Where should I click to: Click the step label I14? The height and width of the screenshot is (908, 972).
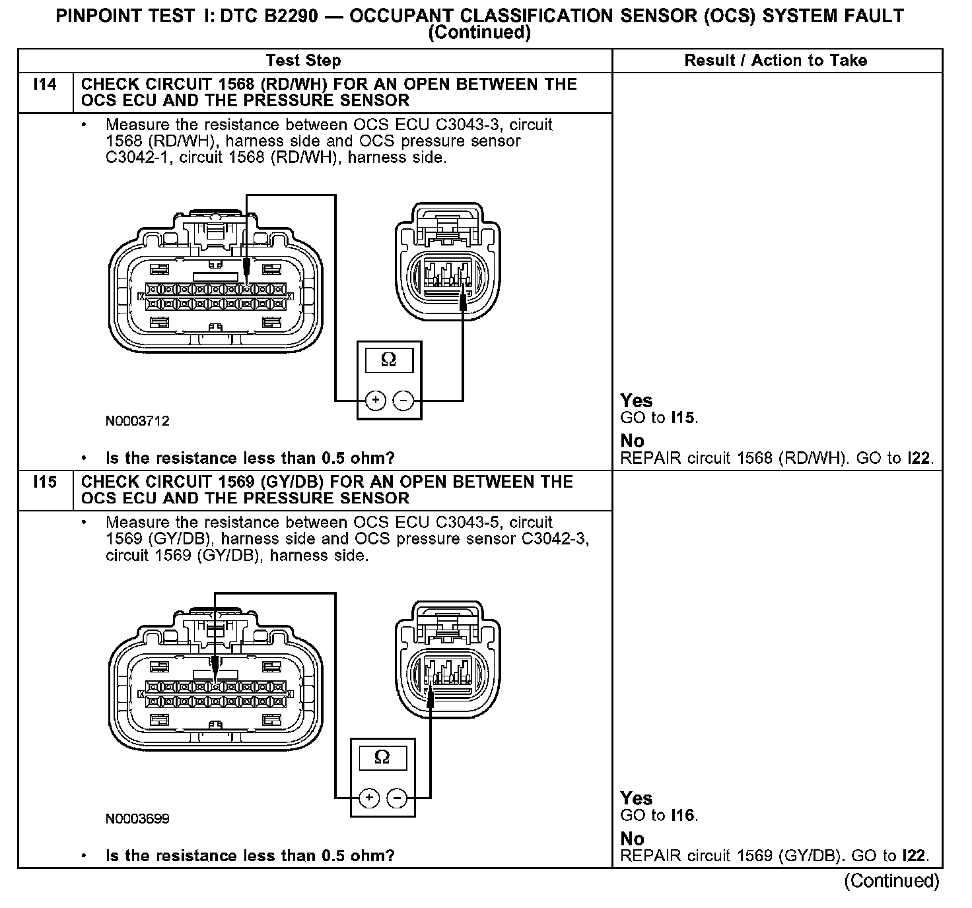tap(45, 84)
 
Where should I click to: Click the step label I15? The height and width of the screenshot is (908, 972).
tap(45, 482)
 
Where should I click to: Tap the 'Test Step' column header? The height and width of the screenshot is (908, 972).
tap(303, 61)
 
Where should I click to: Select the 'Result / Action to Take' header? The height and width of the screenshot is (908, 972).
tap(775, 61)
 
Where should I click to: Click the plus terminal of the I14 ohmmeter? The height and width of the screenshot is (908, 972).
tap(375, 401)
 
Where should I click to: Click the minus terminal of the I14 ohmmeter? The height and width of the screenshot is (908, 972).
tap(403, 401)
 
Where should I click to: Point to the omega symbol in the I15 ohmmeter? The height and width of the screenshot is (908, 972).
tap(382, 758)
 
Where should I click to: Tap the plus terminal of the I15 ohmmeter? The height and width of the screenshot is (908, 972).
tap(368, 798)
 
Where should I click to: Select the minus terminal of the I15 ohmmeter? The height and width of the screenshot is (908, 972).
tap(396, 798)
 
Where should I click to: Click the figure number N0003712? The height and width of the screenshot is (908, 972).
tap(137, 421)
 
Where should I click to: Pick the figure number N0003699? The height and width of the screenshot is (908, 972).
tap(137, 819)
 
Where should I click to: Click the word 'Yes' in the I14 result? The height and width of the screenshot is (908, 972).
tap(637, 401)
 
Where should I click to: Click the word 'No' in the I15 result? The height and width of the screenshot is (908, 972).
tap(632, 839)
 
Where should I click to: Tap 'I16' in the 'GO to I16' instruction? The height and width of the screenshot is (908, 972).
tap(683, 816)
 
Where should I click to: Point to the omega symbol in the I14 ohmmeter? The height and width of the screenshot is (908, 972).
tap(389, 360)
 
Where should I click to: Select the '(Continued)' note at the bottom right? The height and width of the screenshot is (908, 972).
tap(891, 881)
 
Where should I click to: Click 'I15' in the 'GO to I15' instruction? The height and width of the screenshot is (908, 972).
tap(683, 418)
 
